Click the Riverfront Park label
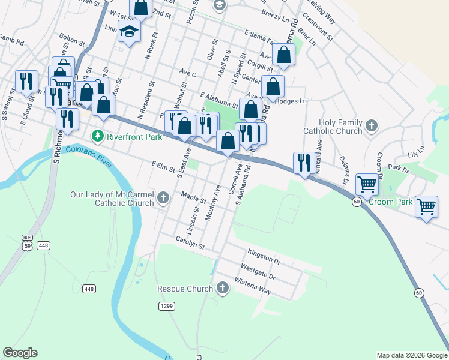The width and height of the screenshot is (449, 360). (135, 136)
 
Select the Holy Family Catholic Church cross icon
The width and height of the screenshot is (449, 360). (372, 126)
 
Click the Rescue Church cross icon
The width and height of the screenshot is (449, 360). (223, 289)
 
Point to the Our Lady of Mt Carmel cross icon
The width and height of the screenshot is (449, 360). (163, 197)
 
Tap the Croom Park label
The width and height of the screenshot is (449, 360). (391, 202)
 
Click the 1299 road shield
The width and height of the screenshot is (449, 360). (167, 306)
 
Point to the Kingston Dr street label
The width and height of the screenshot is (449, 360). (264, 257)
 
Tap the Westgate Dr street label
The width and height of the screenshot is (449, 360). (258, 272)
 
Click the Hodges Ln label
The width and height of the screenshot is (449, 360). (294, 101)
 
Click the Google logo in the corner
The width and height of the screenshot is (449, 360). (20, 353)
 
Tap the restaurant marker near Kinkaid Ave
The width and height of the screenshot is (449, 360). (303, 163)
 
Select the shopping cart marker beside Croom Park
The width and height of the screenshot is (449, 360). (366, 184)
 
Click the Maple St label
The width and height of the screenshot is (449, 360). (194, 197)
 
